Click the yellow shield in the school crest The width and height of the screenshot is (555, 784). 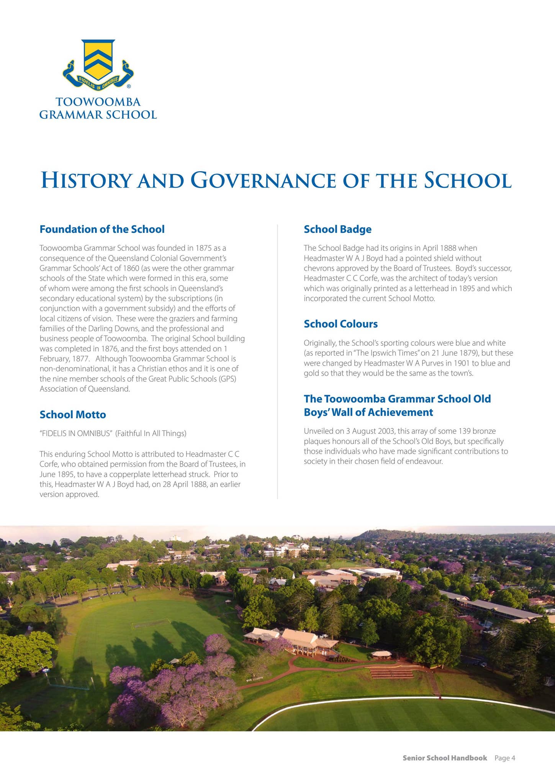point(98,59)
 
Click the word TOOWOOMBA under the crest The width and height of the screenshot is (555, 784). point(98,102)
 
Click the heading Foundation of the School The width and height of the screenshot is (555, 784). point(102,229)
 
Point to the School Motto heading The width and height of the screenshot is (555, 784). point(73,415)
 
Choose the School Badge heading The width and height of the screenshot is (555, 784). point(337,229)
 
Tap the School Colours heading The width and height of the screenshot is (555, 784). point(341,324)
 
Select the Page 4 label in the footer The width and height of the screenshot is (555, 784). point(504,758)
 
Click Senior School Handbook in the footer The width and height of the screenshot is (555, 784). point(445,758)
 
